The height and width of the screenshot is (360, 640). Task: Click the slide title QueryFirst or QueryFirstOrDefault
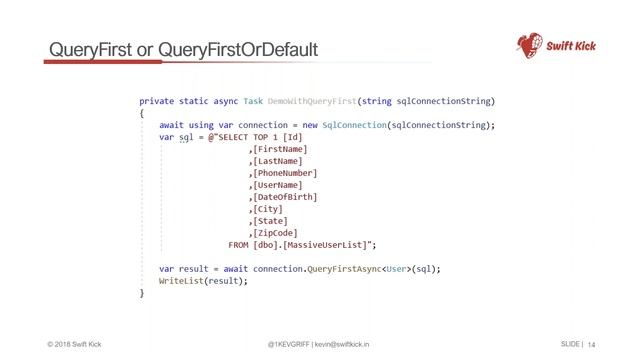pos(183,49)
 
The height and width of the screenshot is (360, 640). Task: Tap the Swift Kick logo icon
pos(530,45)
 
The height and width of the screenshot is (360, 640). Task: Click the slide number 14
pos(591,344)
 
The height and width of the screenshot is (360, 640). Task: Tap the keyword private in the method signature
pos(156,102)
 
